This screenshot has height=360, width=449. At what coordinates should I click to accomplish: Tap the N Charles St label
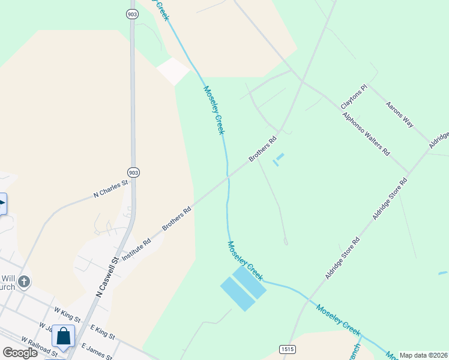point(111,189)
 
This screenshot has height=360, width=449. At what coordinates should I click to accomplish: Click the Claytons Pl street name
point(353,97)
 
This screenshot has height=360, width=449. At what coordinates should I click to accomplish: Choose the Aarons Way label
point(400,114)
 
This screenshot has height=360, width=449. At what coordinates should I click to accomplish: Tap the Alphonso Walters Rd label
point(366,133)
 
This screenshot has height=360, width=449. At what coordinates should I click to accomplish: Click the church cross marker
point(23,281)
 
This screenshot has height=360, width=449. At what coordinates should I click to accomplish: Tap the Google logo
point(20,353)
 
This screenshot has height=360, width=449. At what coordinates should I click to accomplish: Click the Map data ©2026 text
point(424,355)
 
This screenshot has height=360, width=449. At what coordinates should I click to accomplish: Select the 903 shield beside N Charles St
point(133,172)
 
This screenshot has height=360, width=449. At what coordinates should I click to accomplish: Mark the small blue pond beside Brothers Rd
point(278,160)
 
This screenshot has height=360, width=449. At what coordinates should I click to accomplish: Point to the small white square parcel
point(173,71)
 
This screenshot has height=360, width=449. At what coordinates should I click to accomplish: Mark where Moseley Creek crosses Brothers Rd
point(228,177)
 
